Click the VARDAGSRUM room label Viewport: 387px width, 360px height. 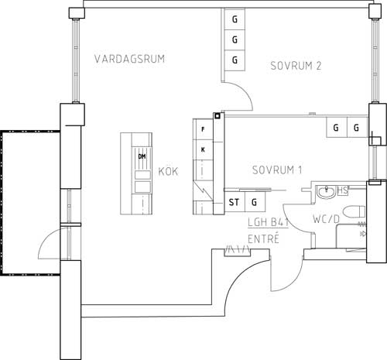coord(129,59)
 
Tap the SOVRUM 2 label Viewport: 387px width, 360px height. coord(296,66)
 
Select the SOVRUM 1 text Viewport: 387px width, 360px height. coord(277,170)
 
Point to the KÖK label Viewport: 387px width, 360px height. coord(168,171)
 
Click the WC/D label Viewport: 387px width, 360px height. coord(326,219)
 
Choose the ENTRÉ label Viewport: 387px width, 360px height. coord(263,239)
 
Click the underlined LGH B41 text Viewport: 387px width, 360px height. coord(268,222)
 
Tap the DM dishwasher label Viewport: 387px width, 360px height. coord(142,156)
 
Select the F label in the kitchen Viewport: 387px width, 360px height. coord(203,129)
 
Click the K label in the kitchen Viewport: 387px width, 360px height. coord(203,149)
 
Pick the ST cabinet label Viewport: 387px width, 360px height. coord(234,202)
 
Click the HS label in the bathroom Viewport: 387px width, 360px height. coord(343,190)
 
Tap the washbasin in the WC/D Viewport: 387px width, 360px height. coord(326,192)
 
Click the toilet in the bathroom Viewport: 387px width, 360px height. coord(354,211)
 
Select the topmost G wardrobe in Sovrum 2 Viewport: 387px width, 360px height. coord(235,19)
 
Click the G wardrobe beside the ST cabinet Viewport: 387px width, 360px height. coord(255,202)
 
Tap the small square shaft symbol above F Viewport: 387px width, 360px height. coord(217,116)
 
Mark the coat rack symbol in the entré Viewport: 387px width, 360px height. coord(238,251)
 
